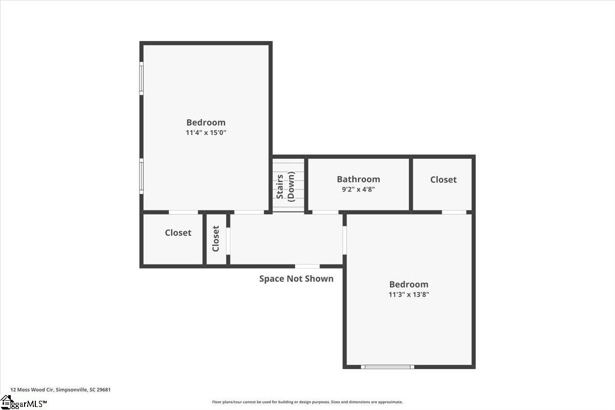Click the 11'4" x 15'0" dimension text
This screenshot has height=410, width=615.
coord(206,133)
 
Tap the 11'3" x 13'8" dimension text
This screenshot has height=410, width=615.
coord(409,294)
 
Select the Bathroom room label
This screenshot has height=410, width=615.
coord(359,179)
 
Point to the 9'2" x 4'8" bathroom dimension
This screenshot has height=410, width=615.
coord(358,189)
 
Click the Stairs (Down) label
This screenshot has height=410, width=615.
coord(285,187)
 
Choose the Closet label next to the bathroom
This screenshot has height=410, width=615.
coord(443,179)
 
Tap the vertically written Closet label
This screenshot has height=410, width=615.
coord(216,239)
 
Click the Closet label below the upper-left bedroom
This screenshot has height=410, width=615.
coord(178,233)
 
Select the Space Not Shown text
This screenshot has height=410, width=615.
coord(296,279)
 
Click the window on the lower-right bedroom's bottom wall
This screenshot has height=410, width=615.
coord(387,367)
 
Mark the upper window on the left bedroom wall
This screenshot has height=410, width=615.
coord(141,78)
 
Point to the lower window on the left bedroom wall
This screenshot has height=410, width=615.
coord(141,176)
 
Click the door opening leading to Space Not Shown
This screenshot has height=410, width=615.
coord(307,266)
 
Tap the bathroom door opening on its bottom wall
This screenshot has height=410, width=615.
coord(325,212)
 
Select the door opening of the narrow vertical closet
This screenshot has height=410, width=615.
coord(228,241)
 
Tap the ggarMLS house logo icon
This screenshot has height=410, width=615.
coord(6,402)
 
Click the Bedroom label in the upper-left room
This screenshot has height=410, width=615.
coord(206,122)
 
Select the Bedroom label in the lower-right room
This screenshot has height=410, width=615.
coord(409,284)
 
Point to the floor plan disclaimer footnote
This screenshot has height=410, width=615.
coord(307,402)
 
